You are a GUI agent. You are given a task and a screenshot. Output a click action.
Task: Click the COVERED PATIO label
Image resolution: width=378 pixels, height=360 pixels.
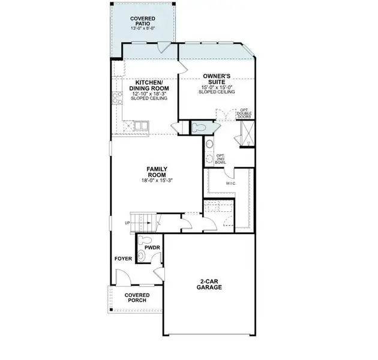[143, 22]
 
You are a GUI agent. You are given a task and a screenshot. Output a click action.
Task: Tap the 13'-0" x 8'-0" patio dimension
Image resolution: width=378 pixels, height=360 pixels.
[143, 28]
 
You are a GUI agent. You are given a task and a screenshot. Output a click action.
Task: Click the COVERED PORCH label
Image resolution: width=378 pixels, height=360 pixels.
[137, 299]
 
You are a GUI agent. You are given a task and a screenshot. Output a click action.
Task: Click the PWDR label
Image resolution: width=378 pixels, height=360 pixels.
[151, 246]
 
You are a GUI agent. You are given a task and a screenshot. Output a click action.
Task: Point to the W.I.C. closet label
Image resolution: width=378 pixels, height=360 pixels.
[230, 183]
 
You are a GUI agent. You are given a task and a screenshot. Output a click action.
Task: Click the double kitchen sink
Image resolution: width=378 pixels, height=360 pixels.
[142, 125]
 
